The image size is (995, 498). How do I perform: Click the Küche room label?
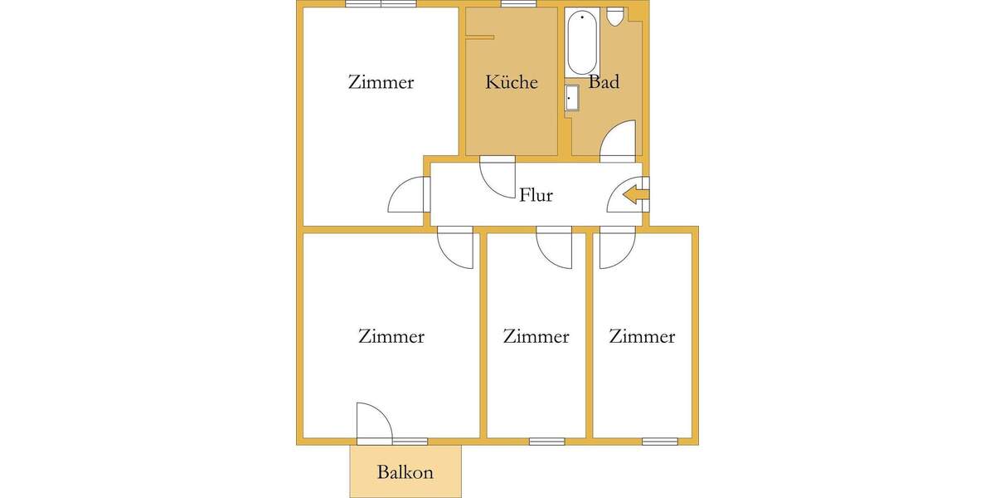tap(512, 82)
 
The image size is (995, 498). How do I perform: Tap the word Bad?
tap(604, 82)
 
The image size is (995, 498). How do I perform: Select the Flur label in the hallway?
tap(536, 196)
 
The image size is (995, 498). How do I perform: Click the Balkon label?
tap(405, 472)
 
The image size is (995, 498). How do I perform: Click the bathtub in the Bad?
tap(581, 41)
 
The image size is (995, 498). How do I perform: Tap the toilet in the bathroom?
tap(615, 17)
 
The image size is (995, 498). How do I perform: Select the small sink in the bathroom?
tap(572, 98)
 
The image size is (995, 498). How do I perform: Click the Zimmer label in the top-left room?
tap(381, 82)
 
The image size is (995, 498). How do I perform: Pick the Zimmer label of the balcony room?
tap(391, 336)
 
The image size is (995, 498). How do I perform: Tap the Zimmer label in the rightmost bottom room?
tap(642, 336)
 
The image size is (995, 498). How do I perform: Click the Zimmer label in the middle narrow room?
tap(536, 336)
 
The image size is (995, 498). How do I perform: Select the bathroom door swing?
tap(619, 139)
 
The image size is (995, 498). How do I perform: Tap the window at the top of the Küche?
tap(518, 4)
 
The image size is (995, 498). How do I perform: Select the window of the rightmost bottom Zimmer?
tap(659, 441)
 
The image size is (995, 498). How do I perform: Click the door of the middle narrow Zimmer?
tap(554, 247)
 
